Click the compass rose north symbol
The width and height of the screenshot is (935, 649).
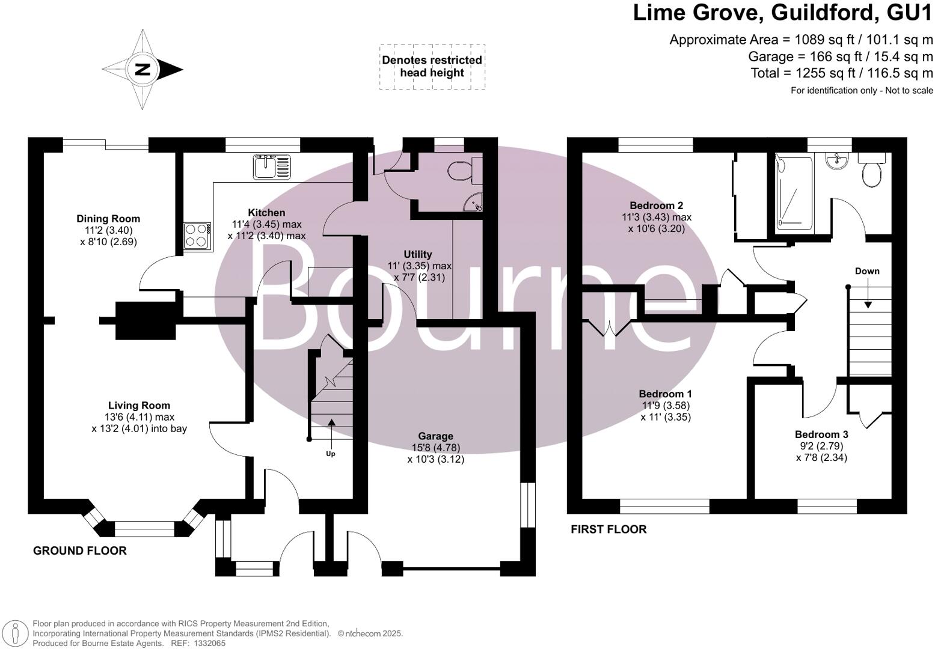click(143, 69)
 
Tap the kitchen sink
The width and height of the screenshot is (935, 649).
click(272, 166)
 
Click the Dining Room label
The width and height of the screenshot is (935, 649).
click(108, 219)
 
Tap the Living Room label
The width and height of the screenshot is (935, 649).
click(139, 406)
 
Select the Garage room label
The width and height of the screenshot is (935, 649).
click(436, 436)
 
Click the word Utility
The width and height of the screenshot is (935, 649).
click(418, 254)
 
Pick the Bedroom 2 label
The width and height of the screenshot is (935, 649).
click(656, 206)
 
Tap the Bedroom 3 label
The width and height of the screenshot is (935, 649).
click(821, 434)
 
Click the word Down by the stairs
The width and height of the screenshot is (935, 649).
click(867, 271)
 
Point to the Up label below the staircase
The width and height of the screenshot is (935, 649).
click(331, 454)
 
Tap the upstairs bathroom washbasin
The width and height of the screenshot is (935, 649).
click(837, 160)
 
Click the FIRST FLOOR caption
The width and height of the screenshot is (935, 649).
click(609, 529)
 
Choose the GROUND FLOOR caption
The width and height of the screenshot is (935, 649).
click(79, 550)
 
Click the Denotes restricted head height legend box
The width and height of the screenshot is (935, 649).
click(432, 67)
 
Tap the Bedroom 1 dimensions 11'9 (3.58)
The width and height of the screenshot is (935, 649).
click(665, 406)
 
